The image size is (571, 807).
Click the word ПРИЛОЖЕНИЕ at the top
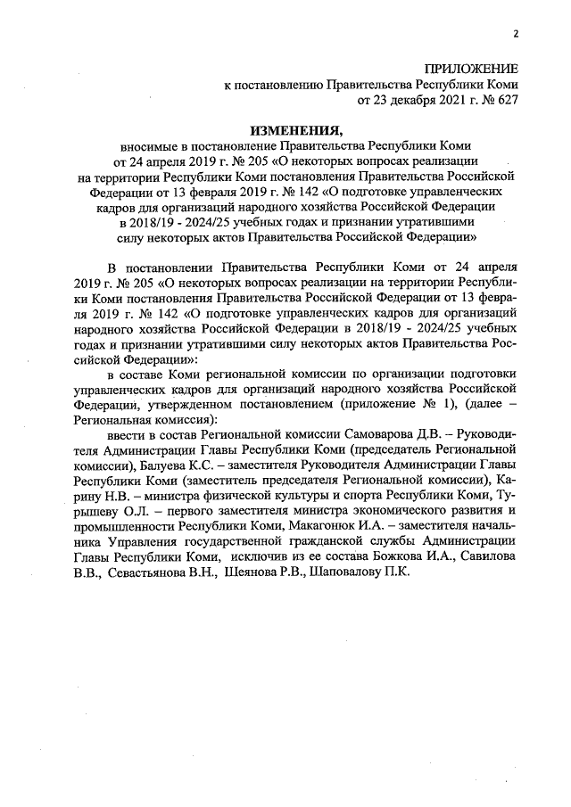click(470, 68)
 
